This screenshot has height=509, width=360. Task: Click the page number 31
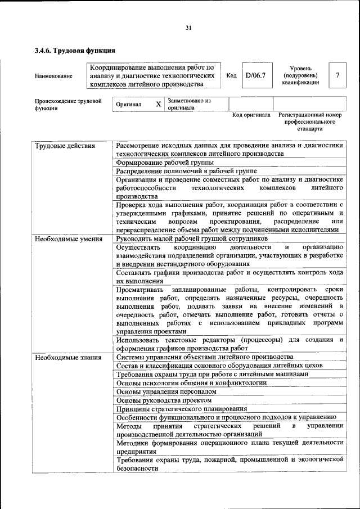(188, 28)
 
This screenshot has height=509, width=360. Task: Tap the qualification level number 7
(336, 75)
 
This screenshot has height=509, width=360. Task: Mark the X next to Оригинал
(158, 105)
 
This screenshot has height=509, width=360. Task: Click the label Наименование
(53, 76)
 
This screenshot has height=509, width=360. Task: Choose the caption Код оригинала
(251, 115)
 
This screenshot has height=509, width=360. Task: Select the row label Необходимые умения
(68, 239)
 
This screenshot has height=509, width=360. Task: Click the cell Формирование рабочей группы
(158, 162)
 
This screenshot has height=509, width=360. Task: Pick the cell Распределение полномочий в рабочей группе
(186, 170)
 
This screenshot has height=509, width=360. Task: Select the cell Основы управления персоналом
(166, 391)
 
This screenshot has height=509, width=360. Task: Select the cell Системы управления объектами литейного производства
(204, 357)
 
